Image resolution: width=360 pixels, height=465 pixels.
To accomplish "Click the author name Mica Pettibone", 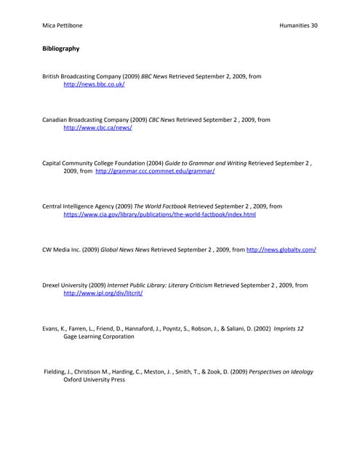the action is click(x=62, y=25).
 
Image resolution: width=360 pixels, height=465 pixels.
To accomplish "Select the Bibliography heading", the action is click(x=61, y=49).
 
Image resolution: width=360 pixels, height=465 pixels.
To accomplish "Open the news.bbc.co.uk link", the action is click(x=94, y=84).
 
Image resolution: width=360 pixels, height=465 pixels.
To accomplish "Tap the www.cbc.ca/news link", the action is click(x=97, y=128).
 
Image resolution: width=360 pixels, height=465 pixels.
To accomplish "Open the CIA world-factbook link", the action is click(x=159, y=215).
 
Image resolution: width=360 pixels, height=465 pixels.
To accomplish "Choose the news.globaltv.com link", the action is click(x=281, y=250).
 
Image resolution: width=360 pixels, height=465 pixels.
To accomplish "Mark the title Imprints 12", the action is click(x=289, y=328).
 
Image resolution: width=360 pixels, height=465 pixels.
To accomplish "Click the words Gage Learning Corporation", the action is click(x=98, y=336).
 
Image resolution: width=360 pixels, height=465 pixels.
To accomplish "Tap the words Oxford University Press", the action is click(x=94, y=380).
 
